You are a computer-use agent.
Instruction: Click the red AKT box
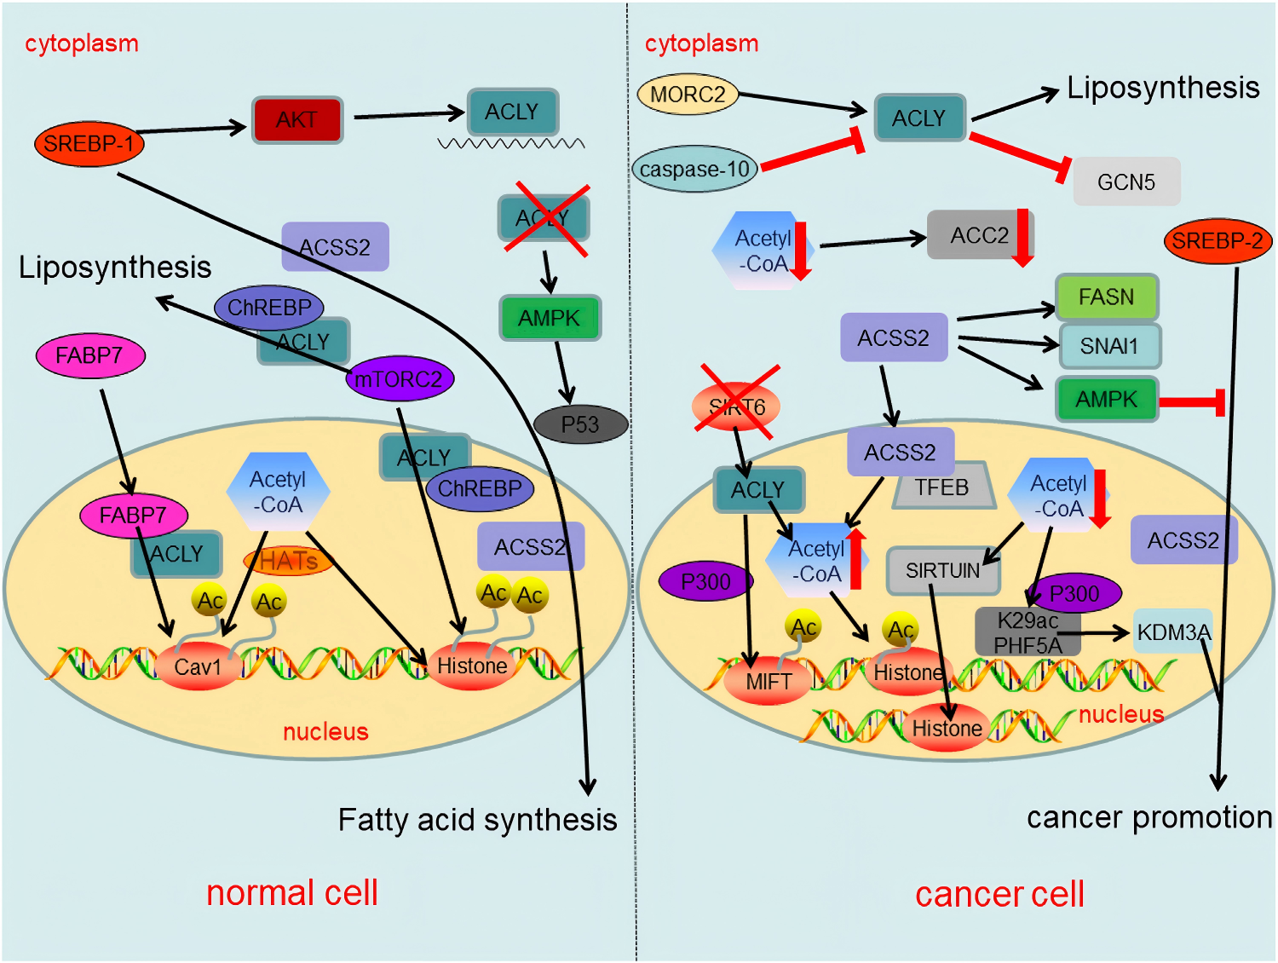click(x=296, y=119)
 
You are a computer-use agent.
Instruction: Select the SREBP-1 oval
click(x=89, y=144)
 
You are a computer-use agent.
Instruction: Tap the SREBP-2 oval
click(x=1218, y=241)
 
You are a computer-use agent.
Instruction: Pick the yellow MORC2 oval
click(x=688, y=94)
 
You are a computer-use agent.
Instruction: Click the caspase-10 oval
click(x=694, y=169)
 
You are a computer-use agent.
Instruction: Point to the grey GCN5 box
click(x=1126, y=182)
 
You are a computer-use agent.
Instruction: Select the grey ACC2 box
click(x=980, y=235)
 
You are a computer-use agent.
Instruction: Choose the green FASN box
click(x=1107, y=297)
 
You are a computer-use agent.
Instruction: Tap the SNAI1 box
click(x=1109, y=346)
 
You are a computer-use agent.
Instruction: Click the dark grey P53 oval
click(x=580, y=424)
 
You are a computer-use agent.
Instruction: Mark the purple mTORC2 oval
click(x=399, y=378)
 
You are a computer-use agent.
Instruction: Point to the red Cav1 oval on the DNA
click(x=198, y=666)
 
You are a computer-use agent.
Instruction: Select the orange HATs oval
click(x=288, y=561)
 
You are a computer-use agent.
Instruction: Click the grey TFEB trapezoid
click(x=942, y=487)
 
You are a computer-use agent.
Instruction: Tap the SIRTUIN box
click(x=942, y=570)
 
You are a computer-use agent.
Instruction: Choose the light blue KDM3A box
click(x=1172, y=631)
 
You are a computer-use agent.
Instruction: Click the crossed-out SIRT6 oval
click(x=737, y=407)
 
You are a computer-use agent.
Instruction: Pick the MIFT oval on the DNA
click(x=769, y=682)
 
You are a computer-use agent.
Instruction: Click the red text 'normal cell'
click(x=292, y=893)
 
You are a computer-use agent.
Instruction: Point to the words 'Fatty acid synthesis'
click(x=477, y=820)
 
